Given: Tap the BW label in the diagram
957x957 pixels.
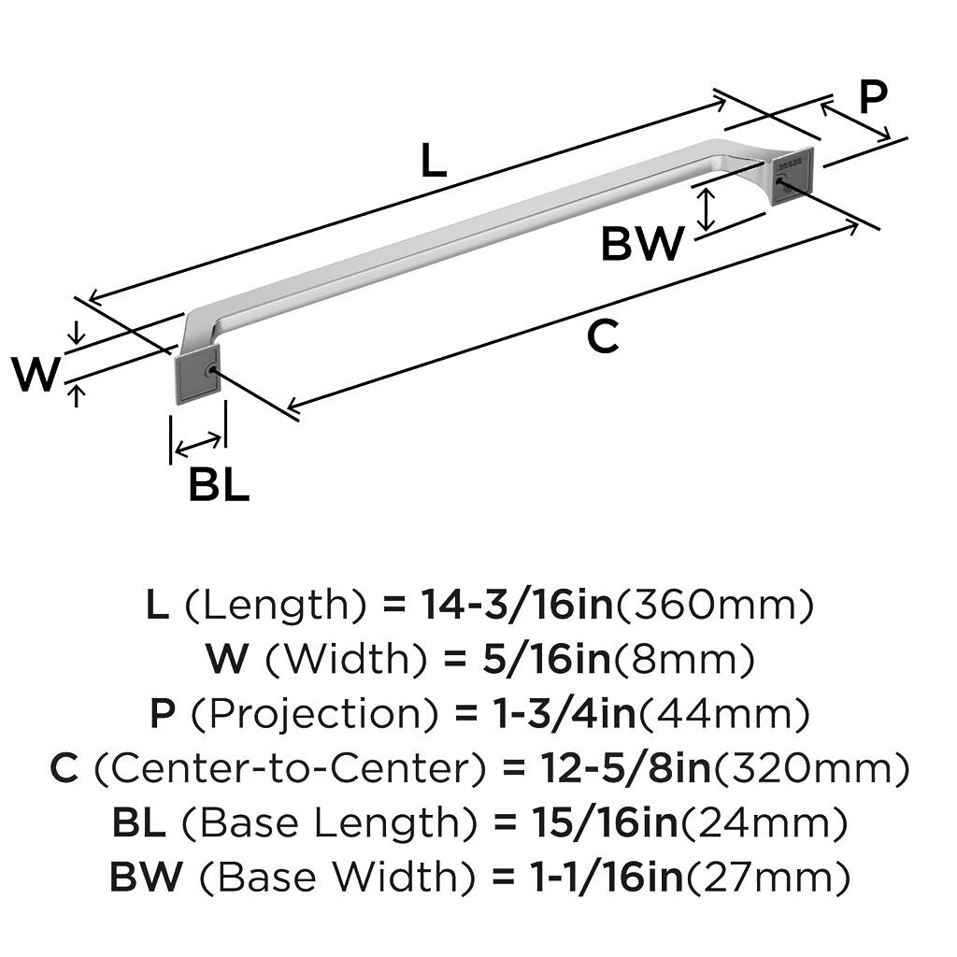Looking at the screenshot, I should (x=642, y=244).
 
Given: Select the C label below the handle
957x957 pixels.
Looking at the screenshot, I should (x=603, y=336).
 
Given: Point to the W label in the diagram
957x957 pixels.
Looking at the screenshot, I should (x=36, y=375).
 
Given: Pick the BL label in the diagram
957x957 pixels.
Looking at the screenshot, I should (x=219, y=485).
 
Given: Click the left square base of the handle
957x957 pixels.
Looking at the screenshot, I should (x=196, y=373).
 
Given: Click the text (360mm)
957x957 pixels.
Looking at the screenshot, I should (x=713, y=607).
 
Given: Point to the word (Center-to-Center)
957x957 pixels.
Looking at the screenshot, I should (x=291, y=769).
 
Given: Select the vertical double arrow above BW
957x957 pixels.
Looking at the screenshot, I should (x=707, y=207).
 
